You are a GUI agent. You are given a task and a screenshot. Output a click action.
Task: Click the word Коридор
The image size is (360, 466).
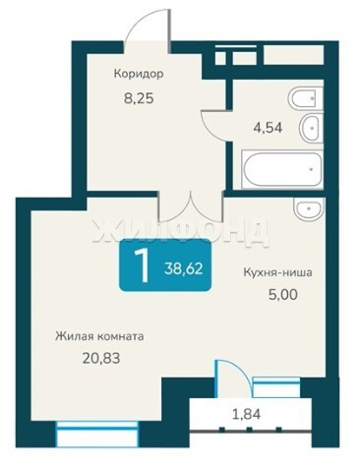tap(139, 74)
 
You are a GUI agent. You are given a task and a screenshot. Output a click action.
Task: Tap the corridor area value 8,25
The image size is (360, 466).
tap(139, 98)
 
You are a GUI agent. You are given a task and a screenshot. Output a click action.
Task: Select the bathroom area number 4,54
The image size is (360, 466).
tap(268, 127)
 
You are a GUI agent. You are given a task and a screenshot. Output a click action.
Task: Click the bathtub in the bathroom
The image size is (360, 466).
tap(282, 169)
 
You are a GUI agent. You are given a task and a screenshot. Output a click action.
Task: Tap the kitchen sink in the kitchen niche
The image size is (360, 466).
tap(309, 208)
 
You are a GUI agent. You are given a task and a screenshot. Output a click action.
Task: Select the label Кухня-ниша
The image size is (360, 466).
tap(277, 272)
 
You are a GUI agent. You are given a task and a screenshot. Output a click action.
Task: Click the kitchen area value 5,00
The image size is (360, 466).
tap(283, 295)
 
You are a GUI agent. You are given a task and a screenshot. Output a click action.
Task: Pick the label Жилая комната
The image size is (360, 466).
tap(99, 336)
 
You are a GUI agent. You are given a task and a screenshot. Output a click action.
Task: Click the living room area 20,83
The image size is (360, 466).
tap(101, 358)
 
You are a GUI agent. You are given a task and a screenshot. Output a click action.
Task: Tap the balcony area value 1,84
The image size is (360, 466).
tap(246, 414)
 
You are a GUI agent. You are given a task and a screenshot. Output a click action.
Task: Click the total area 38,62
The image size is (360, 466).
tap(184, 268)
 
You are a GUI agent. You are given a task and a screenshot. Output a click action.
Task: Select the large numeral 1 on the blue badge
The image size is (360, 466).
tap(142, 264)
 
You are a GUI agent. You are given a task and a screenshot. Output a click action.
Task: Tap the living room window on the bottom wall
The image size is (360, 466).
tap(97, 435)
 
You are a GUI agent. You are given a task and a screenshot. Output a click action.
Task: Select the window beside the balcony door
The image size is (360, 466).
tap(277, 387)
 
